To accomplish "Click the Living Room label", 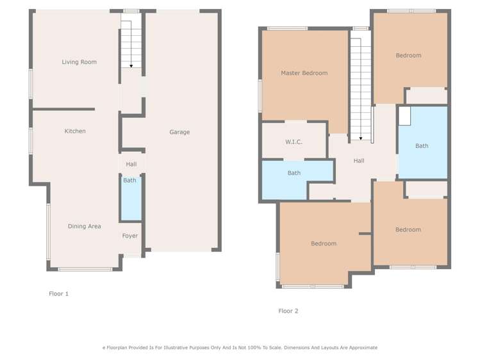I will (x=79, y=62).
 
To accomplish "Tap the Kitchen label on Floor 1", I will (x=75, y=131).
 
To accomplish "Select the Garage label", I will (x=179, y=132).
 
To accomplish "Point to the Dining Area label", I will (x=85, y=226).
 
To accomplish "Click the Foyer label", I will (x=130, y=236).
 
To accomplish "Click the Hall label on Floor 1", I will (x=131, y=165).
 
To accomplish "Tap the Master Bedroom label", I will (x=304, y=73).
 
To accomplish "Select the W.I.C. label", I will (x=294, y=142).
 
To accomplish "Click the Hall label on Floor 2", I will (x=359, y=161).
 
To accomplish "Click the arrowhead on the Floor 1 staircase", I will (x=131, y=65).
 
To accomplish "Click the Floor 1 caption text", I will (x=58, y=294).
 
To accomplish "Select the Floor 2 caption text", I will (x=288, y=311).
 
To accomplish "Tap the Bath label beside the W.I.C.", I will (x=294, y=173).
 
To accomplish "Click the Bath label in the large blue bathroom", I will (x=422, y=146).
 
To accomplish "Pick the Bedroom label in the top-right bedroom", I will (x=408, y=56).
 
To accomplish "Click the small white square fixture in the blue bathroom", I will (x=404, y=116).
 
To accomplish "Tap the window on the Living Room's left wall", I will (x=30, y=83).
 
